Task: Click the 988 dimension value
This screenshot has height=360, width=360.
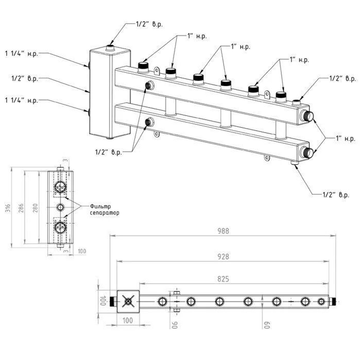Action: tap(223, 231)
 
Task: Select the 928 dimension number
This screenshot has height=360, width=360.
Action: tap(223, 256)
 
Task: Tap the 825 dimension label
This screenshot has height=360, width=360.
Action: tap(223, 279)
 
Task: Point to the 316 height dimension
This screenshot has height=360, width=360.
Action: tap(8, 208)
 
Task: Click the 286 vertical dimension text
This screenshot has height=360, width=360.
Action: tap(21, 208)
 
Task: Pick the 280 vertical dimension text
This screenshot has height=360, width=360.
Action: tap(35, 208)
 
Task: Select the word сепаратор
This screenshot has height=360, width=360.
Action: tap(104, 213)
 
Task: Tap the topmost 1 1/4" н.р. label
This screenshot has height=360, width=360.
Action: tap(22, 54)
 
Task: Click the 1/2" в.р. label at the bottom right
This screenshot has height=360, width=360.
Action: tap(336, 195)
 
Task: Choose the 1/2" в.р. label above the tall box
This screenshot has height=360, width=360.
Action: tap(149, 24)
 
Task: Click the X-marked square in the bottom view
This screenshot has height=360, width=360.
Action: tap(128, 301)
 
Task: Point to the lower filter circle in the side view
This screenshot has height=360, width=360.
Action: tap(60, 227)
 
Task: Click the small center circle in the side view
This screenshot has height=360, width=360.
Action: tap(60, 207)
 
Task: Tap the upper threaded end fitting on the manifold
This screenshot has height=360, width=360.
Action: tap(307, 116)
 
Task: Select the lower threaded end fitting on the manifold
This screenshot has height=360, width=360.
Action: tap(307, 153)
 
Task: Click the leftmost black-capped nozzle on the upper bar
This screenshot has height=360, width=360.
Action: tap(143, 67)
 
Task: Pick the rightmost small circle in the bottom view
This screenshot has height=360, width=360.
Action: tap(321, 301)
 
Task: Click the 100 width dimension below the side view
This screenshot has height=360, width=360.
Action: tap(82, 251)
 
